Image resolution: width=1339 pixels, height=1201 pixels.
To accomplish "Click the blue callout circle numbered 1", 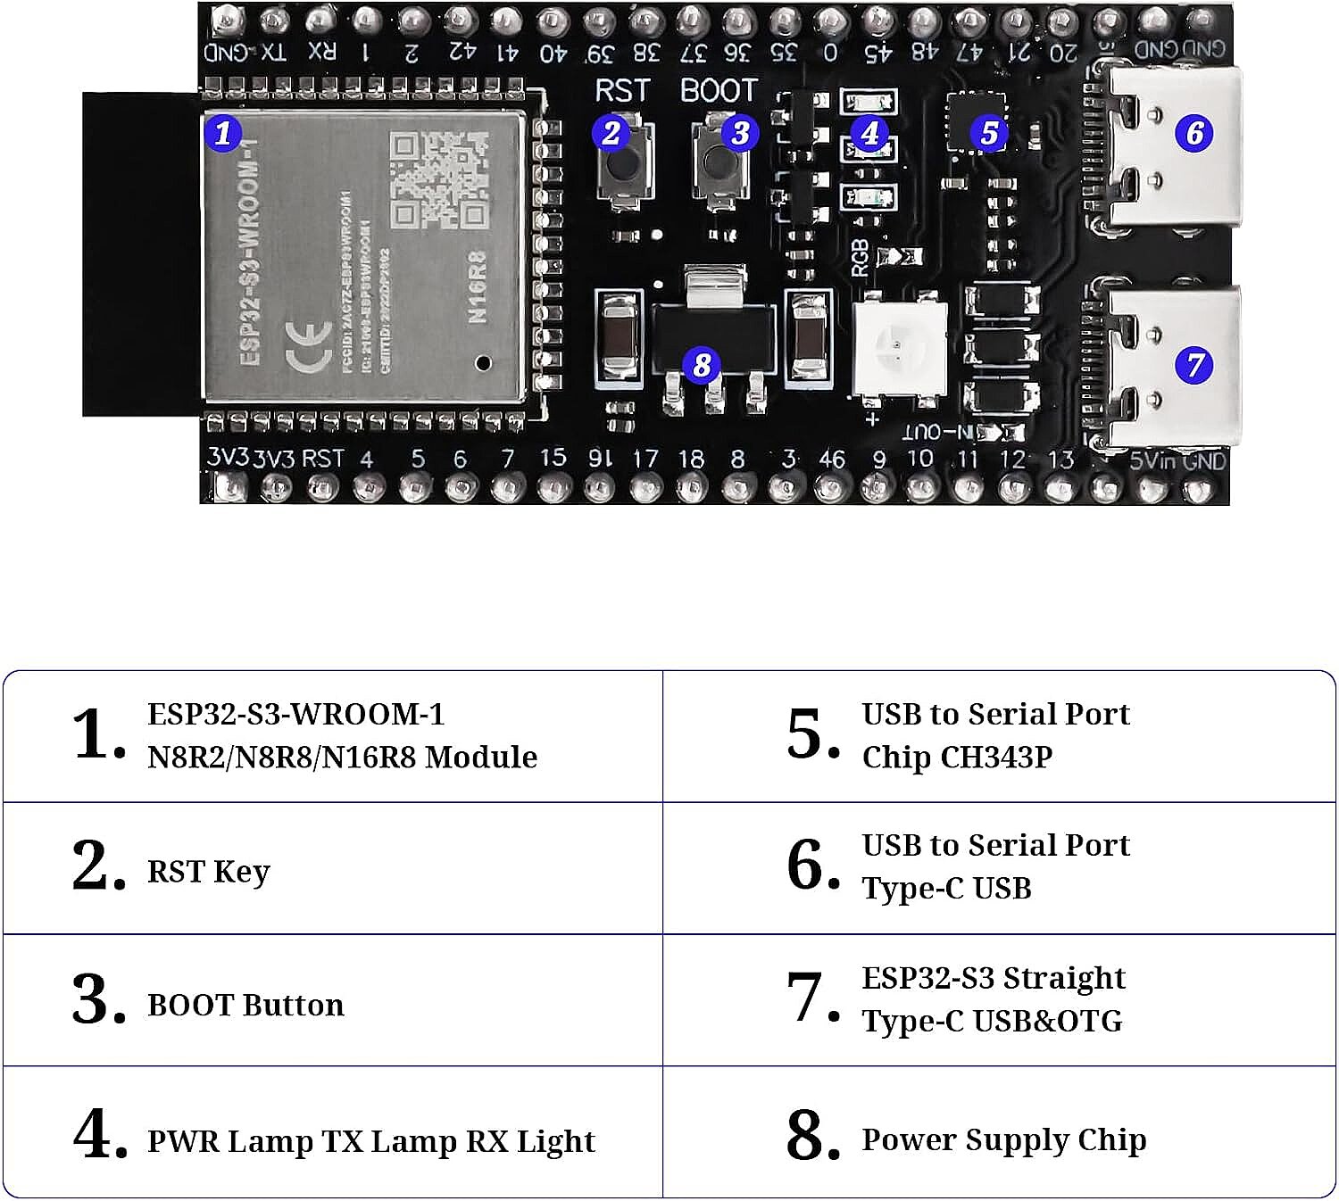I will [x=223, y=133].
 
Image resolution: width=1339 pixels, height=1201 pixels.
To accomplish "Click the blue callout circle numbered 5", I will [x=989, y=133].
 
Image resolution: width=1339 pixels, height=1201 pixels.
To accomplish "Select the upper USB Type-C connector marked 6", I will [x=1169, y=152].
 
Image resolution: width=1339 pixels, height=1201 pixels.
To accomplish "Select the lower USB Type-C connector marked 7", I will [x=1169, y=366].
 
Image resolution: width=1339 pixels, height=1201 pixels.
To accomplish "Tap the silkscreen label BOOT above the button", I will [x=719, y=91].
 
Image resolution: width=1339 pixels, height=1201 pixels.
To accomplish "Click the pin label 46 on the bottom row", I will [x=832, y=460].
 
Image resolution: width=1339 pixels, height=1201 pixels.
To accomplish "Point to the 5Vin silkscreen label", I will [x=1152, y=461].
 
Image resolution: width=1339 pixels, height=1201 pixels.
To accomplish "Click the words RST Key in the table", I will [x=208, y=872].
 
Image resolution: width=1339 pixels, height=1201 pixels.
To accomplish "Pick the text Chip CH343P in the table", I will [x=957, y=757].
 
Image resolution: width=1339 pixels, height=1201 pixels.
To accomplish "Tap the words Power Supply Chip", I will [x=1003, y=1139].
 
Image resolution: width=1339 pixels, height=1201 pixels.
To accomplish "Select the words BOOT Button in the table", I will [x=245, y=1005].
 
